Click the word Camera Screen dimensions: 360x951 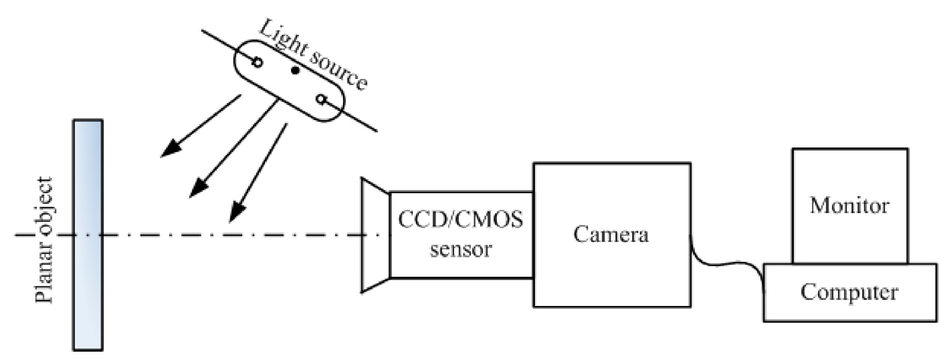click(x=611, y=235)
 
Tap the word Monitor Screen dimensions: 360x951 click(x=849, y=206)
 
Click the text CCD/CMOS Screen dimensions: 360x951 click(x=460, y=220)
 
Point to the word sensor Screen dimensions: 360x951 click(x=460, y=250)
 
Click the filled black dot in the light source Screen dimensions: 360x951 click(x=295, y=70)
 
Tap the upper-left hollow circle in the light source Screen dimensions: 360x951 click(x=257, y=62)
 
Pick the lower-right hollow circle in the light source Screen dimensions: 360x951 click(x=321, y=100)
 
